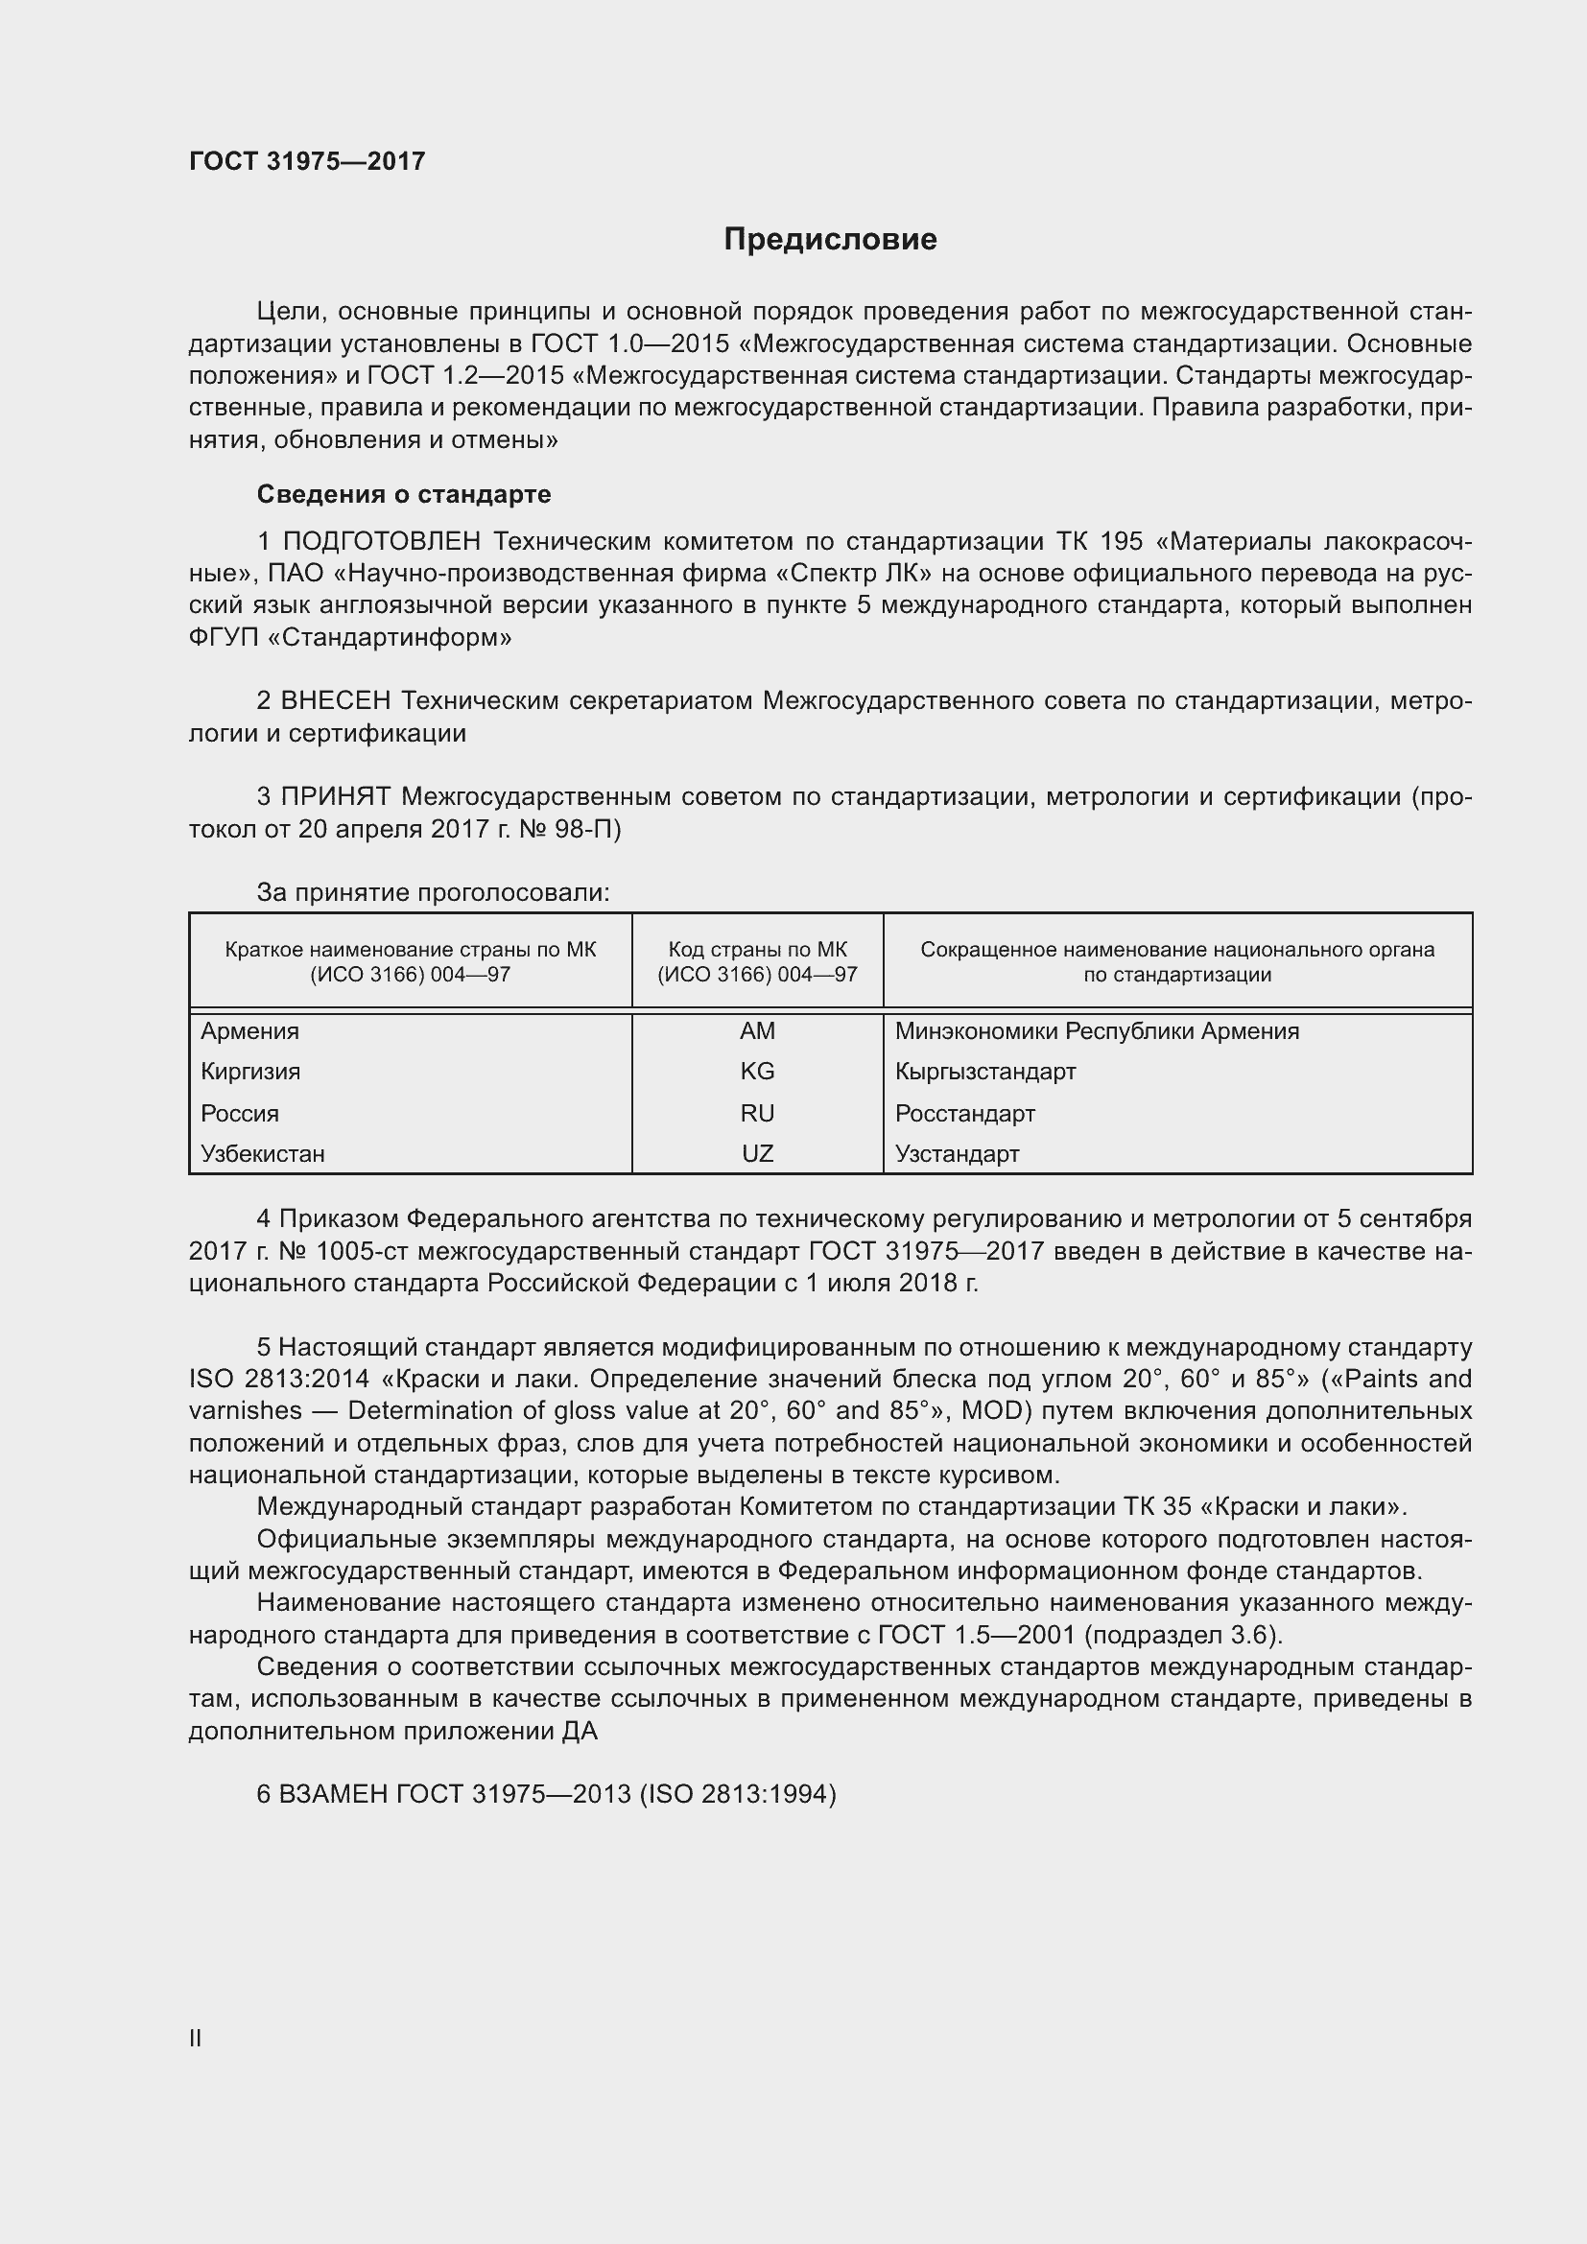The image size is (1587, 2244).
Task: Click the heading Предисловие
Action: click(x=830, y=240)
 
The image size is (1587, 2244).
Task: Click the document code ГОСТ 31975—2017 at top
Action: click(x=307, y=161)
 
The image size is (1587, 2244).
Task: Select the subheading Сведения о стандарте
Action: click(x=404, y=494)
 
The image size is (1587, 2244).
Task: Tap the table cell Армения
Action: click(x=250, y=1031)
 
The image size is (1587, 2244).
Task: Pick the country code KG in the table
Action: click(x=757, y=1072)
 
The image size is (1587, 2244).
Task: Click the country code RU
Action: click(x=757, y=1113)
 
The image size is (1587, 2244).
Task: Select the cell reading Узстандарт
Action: click(x=957, y=1153)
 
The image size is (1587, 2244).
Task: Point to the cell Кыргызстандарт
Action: click(x=985, y=1072)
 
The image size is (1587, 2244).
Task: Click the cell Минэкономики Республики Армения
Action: click(x=1097, y=1031)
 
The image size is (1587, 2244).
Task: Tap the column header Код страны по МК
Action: click(x=757, y=949)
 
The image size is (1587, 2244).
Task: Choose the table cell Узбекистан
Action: click(x=263, y=1153)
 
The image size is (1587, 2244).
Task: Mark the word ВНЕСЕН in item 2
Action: click(x=335, y=700)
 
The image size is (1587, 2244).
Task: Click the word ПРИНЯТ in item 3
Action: click(x=335, y=796)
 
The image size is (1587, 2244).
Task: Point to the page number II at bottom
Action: click(x=196, y=2038)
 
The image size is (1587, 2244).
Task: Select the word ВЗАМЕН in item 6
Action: click(x=333, y=1794)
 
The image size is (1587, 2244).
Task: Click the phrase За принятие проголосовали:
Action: click(x=433, y=892)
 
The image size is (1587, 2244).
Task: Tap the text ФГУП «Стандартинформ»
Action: click(x=351, y=638)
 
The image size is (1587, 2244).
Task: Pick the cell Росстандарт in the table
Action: click(x=964, y=1113)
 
